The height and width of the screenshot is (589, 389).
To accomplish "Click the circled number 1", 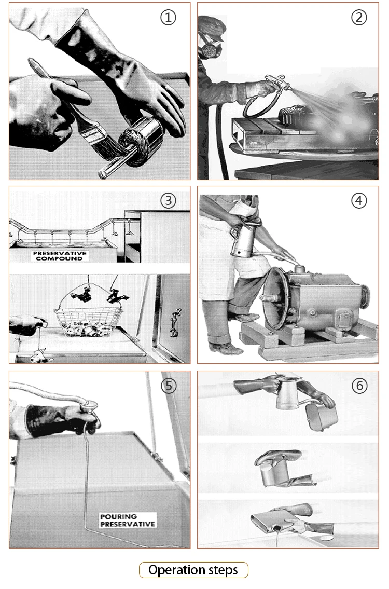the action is point(168,17).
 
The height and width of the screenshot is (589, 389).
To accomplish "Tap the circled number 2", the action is point(358,17).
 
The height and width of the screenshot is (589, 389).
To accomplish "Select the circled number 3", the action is point(168,201).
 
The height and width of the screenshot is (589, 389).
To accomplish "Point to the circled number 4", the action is point(358,201).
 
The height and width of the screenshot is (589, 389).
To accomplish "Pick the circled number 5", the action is point(169,386).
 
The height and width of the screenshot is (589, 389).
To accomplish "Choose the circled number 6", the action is point(359,386).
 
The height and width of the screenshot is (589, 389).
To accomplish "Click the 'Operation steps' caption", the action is point(193,570).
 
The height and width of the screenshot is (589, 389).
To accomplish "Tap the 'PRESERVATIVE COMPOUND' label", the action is point(60,256).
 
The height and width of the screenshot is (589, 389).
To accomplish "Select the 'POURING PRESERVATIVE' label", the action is point(127,520).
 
